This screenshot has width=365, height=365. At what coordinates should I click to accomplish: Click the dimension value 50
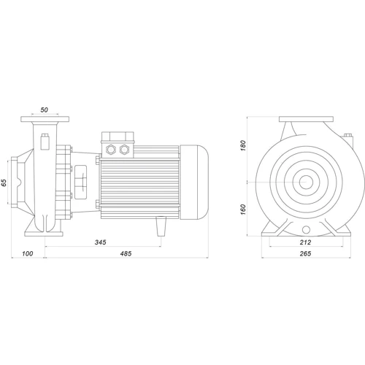tap(44, 110)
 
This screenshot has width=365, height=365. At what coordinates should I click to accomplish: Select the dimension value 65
tap(4, 182)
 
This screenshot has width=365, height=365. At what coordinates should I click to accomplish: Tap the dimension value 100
tap(28, 253)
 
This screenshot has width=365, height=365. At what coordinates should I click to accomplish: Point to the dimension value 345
tap(101, 242)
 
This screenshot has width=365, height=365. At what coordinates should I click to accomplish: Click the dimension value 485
tap(126, 253)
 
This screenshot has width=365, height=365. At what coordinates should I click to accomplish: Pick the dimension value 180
tap(243, 145)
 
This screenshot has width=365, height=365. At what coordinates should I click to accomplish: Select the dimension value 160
tap(243, 210)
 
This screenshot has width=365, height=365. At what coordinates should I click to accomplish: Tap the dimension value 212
tap(305, 242)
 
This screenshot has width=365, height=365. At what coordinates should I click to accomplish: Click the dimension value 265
tap(305, 253)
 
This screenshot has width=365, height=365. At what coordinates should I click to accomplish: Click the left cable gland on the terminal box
tap(110, 149)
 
